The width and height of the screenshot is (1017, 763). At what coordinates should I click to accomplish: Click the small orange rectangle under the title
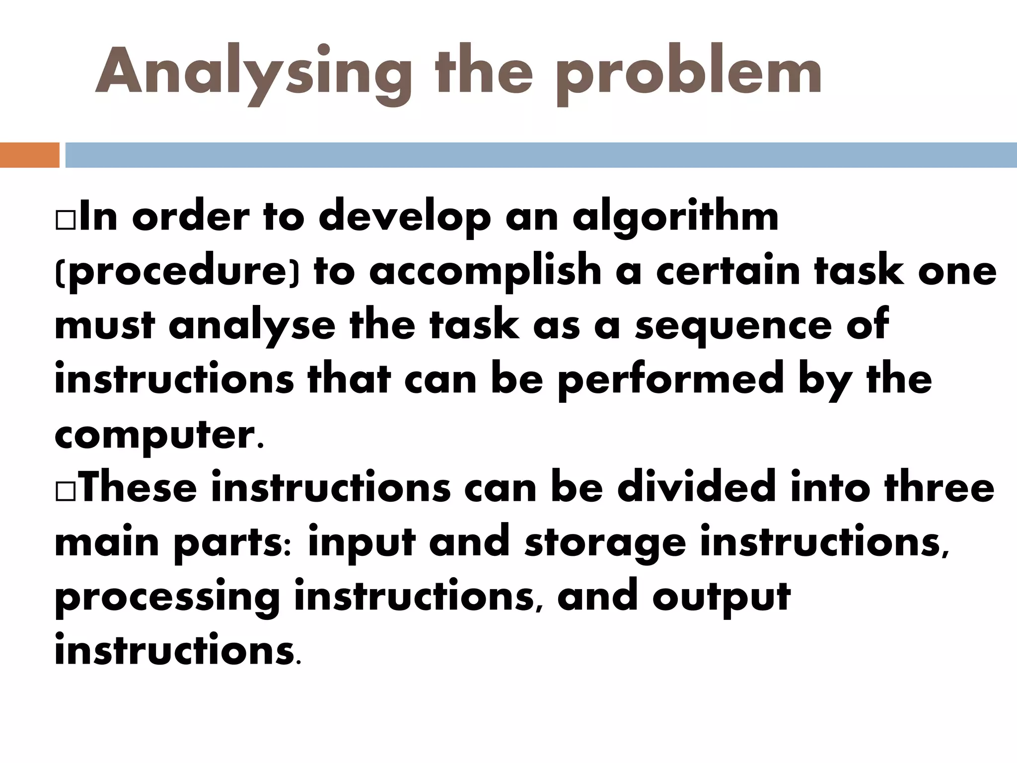pos(29,155)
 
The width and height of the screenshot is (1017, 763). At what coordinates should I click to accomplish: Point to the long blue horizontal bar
pos(541,155)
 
